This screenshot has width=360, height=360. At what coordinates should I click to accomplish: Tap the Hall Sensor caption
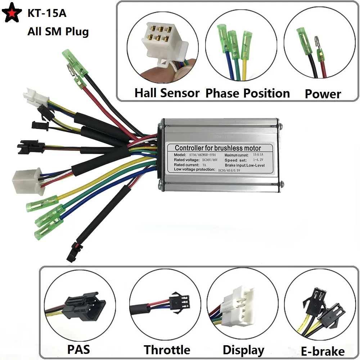[x=167, y=93]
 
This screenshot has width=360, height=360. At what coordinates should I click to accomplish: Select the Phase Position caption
[x=247, y=93]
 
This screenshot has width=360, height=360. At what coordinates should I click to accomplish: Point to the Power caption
[x=323, y=94]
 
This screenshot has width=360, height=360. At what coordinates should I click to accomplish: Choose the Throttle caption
[x=167, y=350]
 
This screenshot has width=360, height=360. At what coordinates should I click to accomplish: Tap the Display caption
[x=243, y=350]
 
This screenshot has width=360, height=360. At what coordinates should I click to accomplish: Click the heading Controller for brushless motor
[x=218, y=148]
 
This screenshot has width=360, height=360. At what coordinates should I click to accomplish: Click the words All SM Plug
[x=58, y=31]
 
